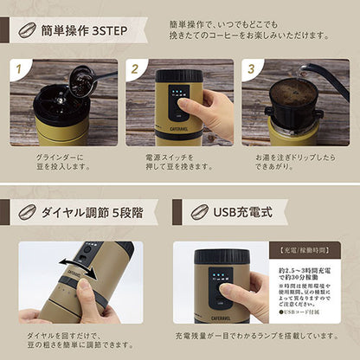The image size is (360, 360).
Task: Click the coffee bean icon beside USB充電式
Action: (201, 210)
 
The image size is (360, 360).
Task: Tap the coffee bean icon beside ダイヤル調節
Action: (27, 210)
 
